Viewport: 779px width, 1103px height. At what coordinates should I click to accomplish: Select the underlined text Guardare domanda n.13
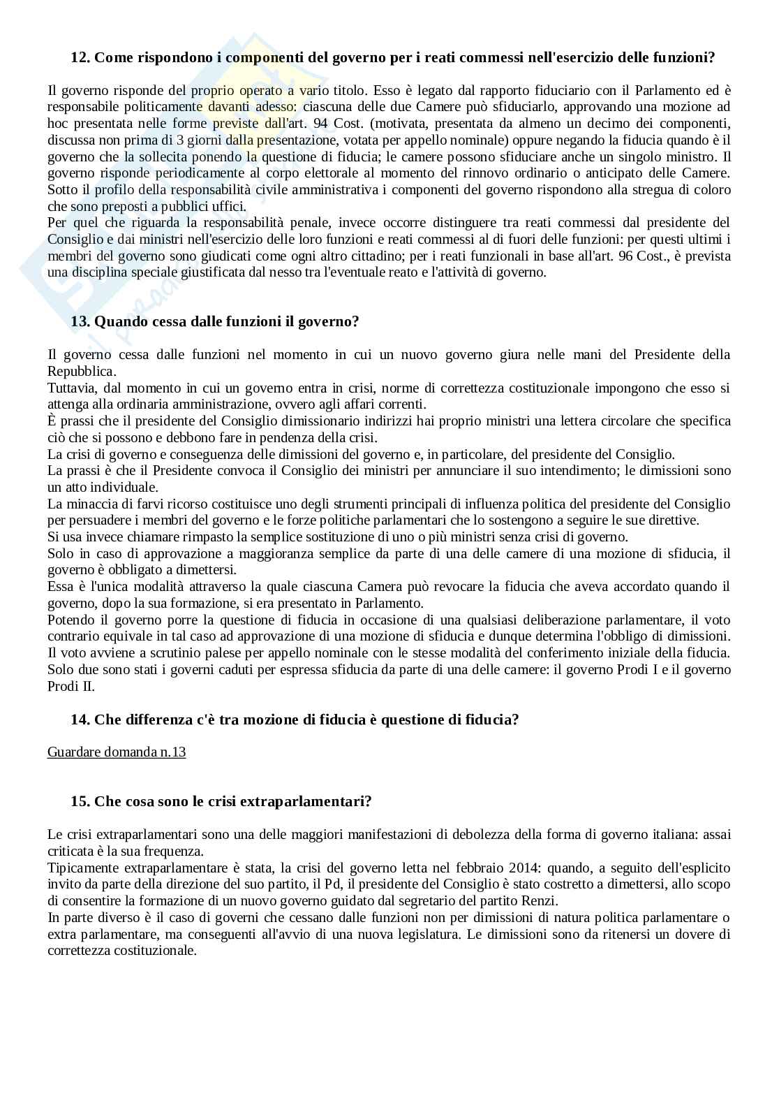[117, 752]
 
